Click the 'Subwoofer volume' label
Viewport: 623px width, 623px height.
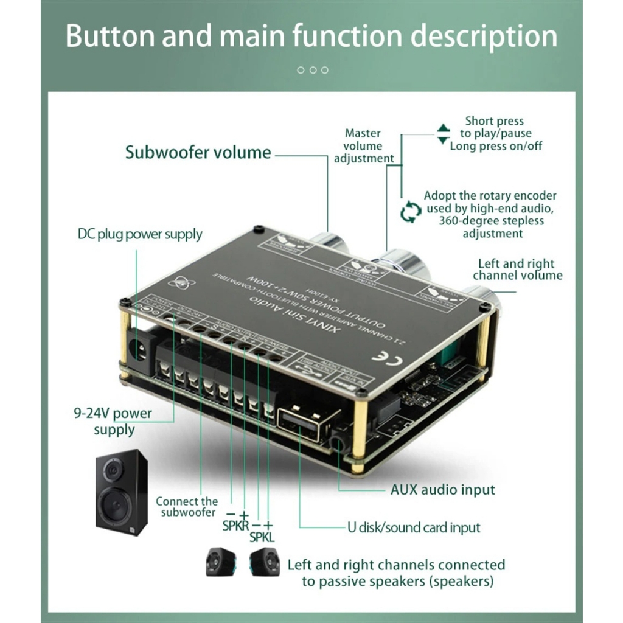198,152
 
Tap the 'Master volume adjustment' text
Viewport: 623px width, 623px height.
363,146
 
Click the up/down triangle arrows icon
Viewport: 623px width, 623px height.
444,134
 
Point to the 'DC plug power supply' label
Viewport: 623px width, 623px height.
140,234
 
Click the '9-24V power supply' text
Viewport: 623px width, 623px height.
114,421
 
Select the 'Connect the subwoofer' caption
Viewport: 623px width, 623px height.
186,507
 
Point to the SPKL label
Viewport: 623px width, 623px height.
262,537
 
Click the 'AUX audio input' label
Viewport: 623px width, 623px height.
442,489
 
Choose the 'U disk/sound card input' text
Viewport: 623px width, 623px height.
414,527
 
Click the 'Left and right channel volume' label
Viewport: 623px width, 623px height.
517,269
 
